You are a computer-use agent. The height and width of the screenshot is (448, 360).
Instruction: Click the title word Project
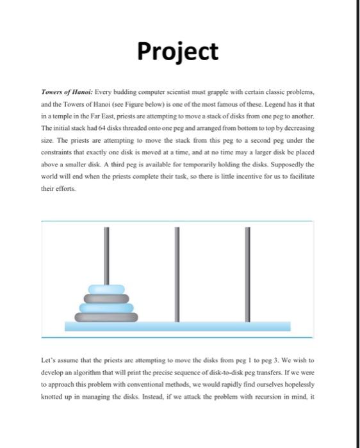(x=179, y=51)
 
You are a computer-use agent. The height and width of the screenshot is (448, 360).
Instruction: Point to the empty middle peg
(x=175, y=269)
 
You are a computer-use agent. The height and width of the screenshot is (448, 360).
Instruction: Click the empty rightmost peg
(x=247, y=269)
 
